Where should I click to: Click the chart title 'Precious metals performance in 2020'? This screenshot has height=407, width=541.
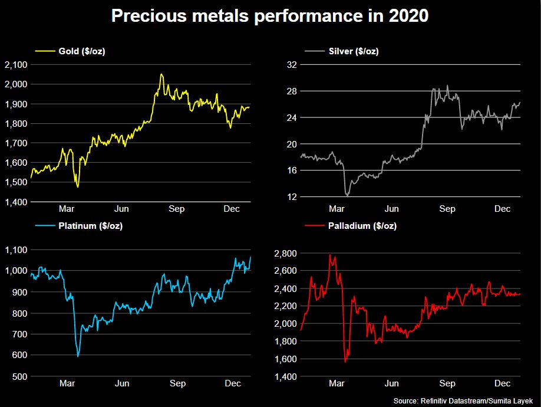coord(270,16)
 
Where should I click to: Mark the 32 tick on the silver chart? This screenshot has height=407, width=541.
coord(290,65)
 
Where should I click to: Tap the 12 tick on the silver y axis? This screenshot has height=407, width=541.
coord(290,196)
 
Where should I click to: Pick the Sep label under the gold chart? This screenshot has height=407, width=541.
coord(176,209)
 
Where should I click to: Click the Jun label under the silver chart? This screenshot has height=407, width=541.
coord(392,209)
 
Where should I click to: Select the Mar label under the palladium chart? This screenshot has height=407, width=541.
coord(337,383)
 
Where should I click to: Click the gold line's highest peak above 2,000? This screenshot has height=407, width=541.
coord(161,74)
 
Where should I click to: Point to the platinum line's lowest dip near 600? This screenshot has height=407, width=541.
coord(78,356)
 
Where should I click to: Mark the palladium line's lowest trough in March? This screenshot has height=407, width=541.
coord(345,362)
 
